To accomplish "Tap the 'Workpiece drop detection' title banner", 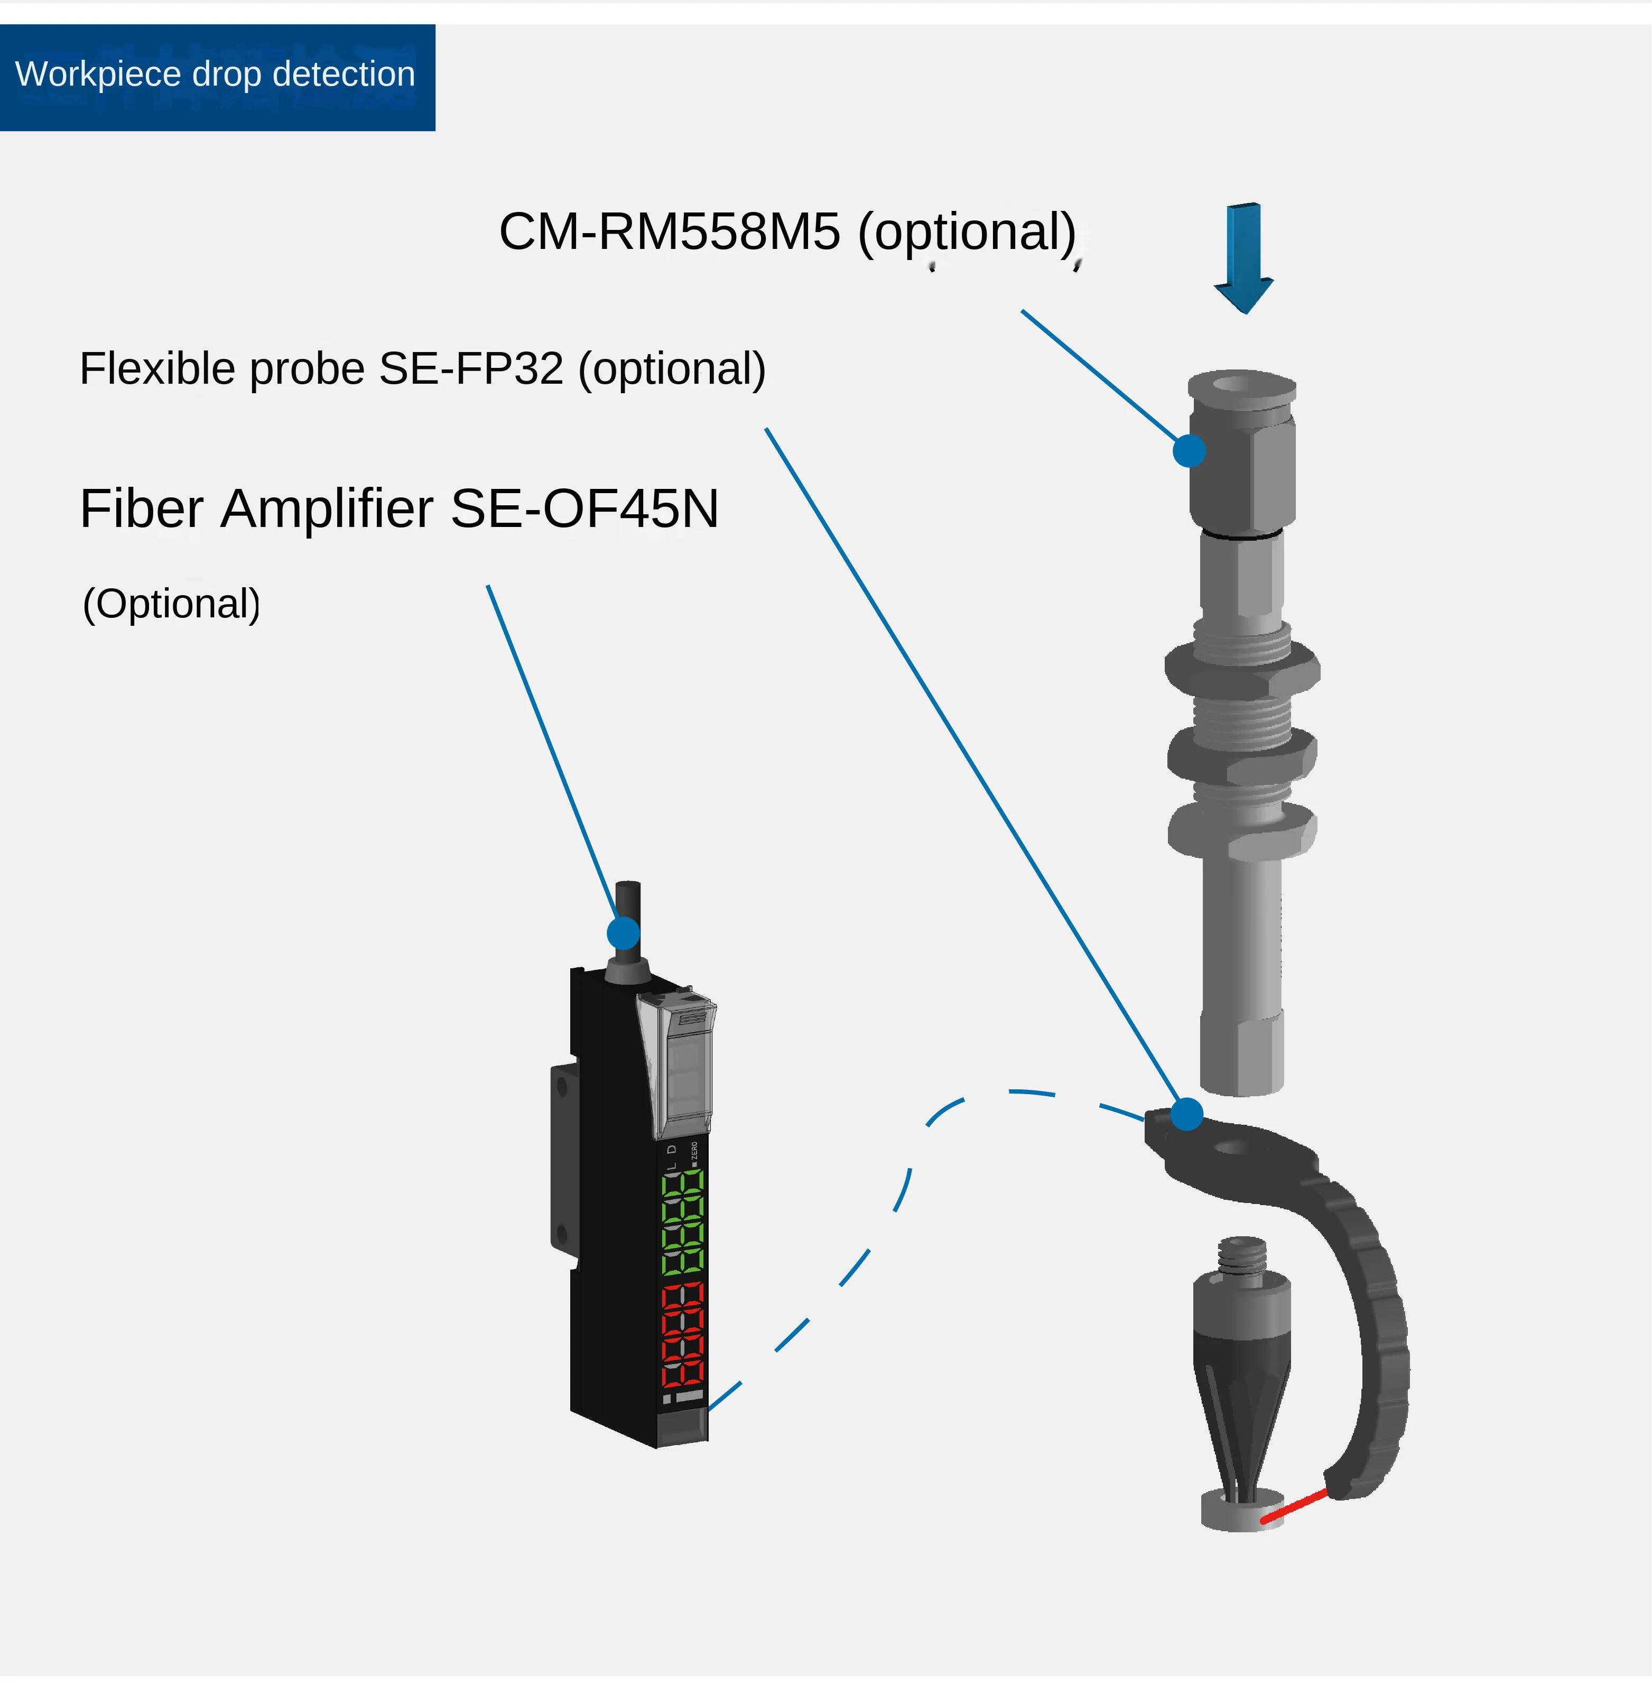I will [x=216, y=77].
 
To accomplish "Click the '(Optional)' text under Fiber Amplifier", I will [x=171, y=604].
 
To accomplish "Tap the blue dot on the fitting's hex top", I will [x=1189, y=450].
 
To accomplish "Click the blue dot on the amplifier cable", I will [x=623, y=933].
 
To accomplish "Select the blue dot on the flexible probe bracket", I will [x=1186, y=1113].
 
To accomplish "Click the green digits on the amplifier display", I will [x=683, y=1221].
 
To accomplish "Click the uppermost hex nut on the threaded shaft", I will [x=1242, y=669].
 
